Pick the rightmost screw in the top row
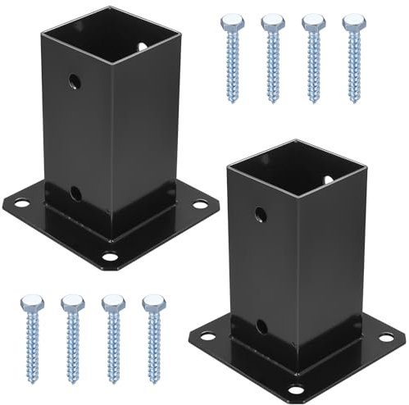(x=354, y=57)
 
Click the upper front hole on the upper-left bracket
(x=75, y=81)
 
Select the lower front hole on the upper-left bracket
(x=75, y=193)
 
